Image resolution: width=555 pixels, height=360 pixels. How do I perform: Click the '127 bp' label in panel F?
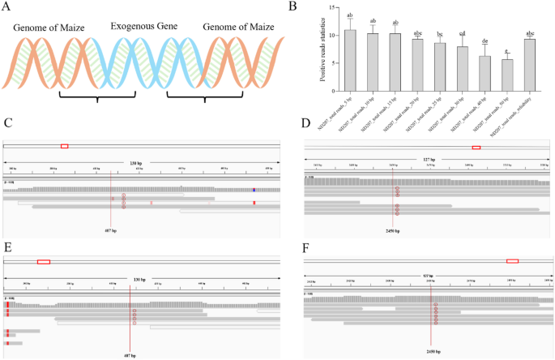click(x=429, y=275)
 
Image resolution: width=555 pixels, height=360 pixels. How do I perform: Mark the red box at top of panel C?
click(x=65, y=144)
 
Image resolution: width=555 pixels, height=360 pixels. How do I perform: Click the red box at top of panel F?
click(x=512, y=261)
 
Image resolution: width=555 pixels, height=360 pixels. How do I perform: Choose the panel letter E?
click(x=7, y=246)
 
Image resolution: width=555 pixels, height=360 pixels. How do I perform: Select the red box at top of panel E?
click(x=44, y=261)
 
